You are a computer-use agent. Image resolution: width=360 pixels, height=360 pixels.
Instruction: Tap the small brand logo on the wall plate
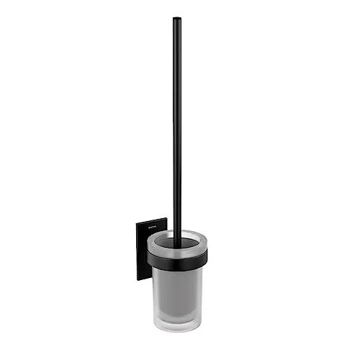(x=152, y=228)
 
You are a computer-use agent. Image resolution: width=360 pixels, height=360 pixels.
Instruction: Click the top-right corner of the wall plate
(x=166, y=219)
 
